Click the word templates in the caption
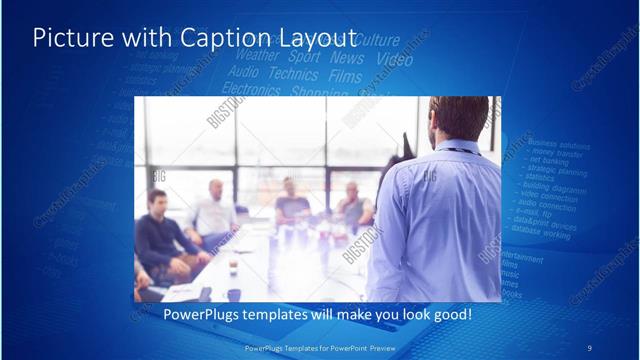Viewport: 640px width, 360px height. [x=299, y=314]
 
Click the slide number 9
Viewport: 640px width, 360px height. [x=589, y=347]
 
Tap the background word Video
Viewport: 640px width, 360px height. [x=393, y=60]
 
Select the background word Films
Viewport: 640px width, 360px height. [x=345, y=76]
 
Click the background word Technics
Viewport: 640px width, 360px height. [x=293, y=74]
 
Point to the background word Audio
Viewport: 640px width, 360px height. [x=243, y=72]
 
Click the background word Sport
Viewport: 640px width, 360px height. [x=304, y=58]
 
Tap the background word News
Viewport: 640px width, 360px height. [x=347, y=59]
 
